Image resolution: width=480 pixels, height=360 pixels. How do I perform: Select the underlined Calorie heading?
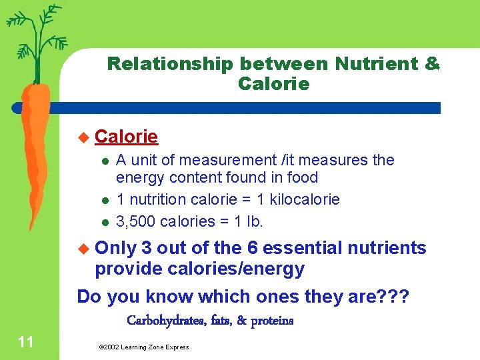pos(127,137)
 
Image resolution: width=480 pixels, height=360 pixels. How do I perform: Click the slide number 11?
pos(26,343)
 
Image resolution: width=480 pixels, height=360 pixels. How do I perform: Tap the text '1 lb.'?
pos(255,221)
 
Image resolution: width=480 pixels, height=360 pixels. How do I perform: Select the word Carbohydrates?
pos(165,321)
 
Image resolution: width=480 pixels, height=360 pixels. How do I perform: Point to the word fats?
pos(219,321)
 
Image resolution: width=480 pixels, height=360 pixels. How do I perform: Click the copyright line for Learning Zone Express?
pos(143,347)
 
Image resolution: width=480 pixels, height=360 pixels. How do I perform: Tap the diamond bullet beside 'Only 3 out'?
pos(83,249)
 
